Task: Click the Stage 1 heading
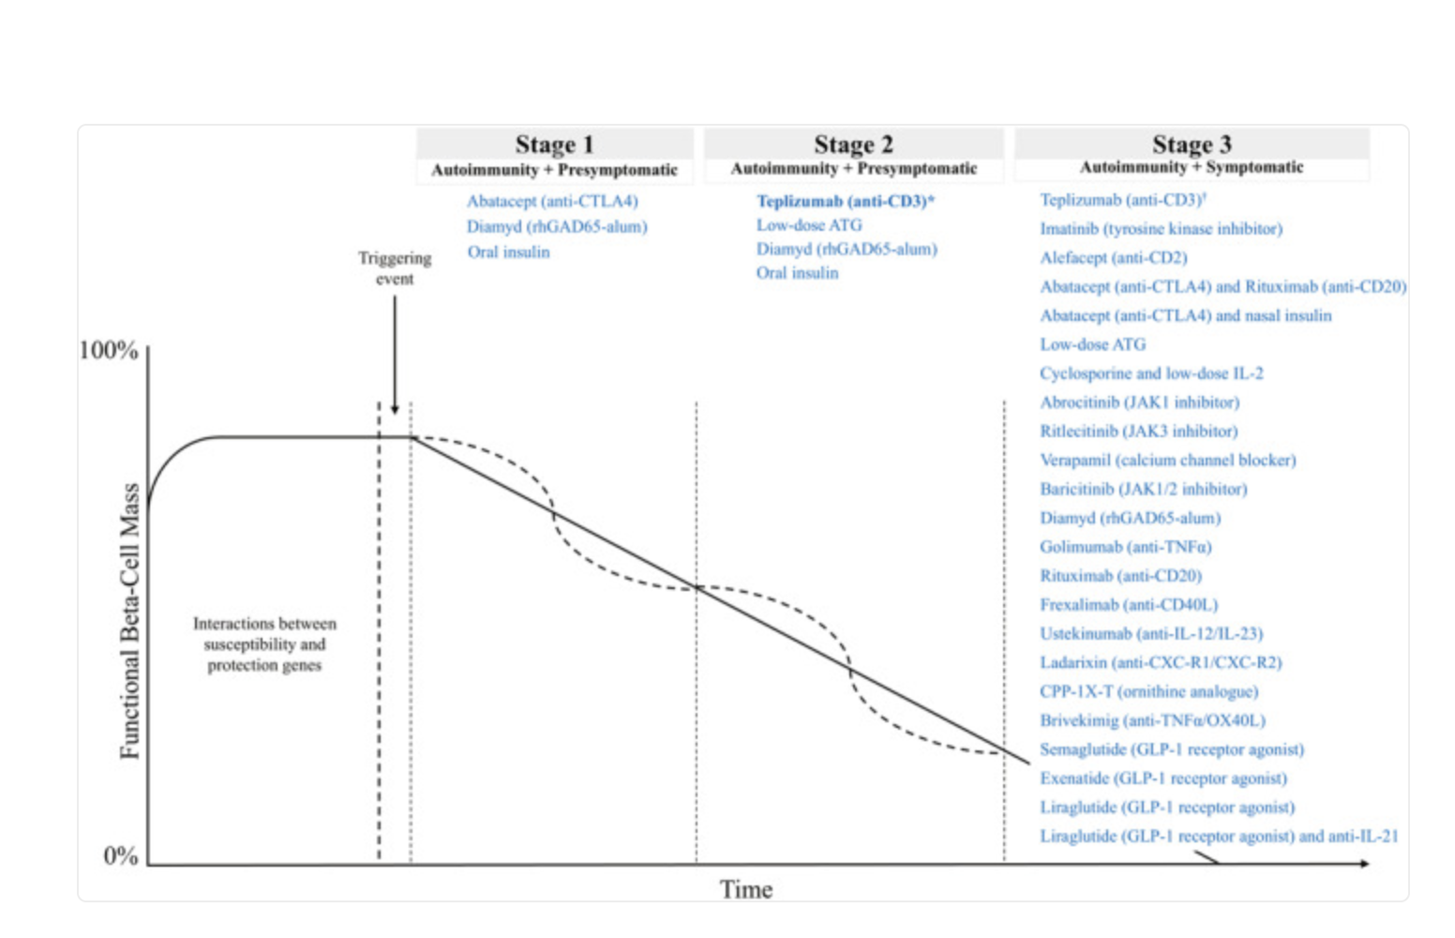pos(554,144)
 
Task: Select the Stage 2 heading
pos(853,144)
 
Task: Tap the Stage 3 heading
pos(1192,144)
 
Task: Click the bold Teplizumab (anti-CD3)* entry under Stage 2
pos(846,202)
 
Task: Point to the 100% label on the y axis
pos(109,350)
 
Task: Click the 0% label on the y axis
pos(121,855)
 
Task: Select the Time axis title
pos(746,889)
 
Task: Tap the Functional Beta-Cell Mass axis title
pos(129,620)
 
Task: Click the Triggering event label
pos(395,268)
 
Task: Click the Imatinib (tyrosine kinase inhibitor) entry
pos(1161,229)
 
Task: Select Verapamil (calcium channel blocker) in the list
pos(1167,461)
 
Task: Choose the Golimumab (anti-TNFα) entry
pos(1125,547)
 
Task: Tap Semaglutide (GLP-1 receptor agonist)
pos(1172,749)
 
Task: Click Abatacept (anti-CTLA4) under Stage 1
pos(552,202)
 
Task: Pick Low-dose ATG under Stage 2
pos(809,225)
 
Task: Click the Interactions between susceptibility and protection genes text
pos(264,644)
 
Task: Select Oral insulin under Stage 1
pos(509,252)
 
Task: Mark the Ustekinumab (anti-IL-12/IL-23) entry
pos(1151,634)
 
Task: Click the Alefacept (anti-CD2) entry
pos(1113,258)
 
